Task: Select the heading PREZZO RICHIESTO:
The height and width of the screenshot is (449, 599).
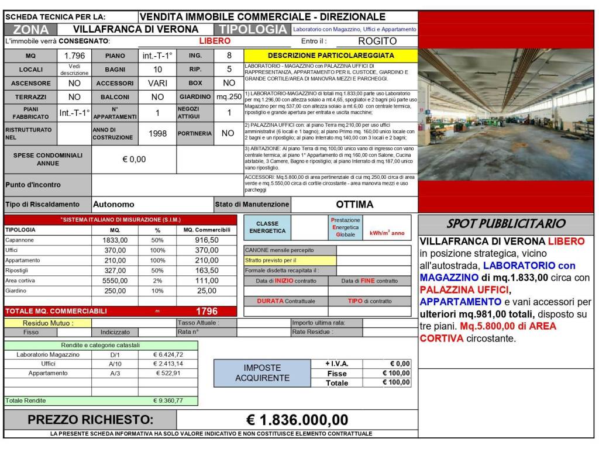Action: click(90, 420)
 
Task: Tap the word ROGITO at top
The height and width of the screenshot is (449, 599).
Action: click(377, 41)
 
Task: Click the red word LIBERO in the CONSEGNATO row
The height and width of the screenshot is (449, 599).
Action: click(215, 41)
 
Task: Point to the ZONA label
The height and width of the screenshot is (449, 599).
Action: click(30, 29)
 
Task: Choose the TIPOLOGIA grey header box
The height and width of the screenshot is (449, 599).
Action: click(252, 29)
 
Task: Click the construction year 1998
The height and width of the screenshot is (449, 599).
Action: click(157, 133)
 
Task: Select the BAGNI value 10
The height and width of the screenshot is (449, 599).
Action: click(157, 69)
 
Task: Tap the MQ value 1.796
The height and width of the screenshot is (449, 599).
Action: click(74, 56)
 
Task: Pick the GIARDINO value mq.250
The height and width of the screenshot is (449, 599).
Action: click(229, 96)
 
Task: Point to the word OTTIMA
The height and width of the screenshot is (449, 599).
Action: click(354, 205)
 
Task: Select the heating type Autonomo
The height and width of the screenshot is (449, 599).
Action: click(114, 205)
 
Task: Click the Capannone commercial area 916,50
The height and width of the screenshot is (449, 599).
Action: click(206, 240)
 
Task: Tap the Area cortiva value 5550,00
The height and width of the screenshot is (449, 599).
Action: click(115, 280)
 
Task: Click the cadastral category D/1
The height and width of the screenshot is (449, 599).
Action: click(115, 354)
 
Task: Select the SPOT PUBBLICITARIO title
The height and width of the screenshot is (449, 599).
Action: click(506, 223)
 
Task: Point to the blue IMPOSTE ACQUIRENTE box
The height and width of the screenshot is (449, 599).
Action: click(262, 373)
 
